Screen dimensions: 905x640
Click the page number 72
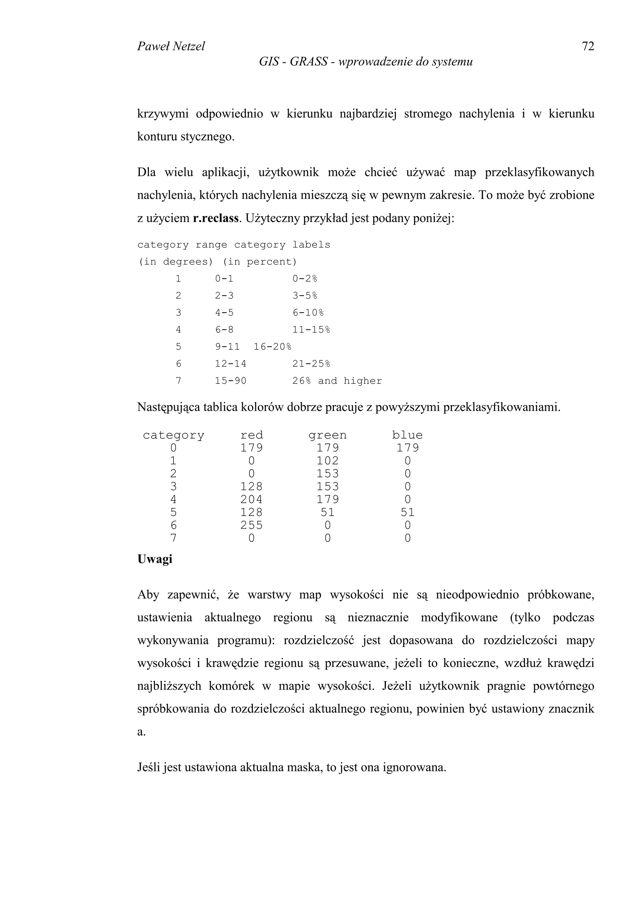[x=587, y=47]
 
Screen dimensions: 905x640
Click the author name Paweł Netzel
[x=171, y=47]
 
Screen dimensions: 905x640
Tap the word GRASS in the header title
[x=308, y=62]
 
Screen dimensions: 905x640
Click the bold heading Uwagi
[x=155, y=559]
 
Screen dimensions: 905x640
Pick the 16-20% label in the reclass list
[x=272, y=347]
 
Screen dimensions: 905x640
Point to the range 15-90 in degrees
[x=230, y=381]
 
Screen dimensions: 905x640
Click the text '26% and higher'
[x=337, y=381]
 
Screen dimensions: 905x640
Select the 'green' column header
[x=327, y=435]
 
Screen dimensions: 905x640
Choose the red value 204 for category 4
[x=252, y=499]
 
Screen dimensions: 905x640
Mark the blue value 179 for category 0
[x=407, y=448]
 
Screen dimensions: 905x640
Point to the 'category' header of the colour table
[x=173, y=435]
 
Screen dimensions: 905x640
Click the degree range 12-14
[x=230, y=364]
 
